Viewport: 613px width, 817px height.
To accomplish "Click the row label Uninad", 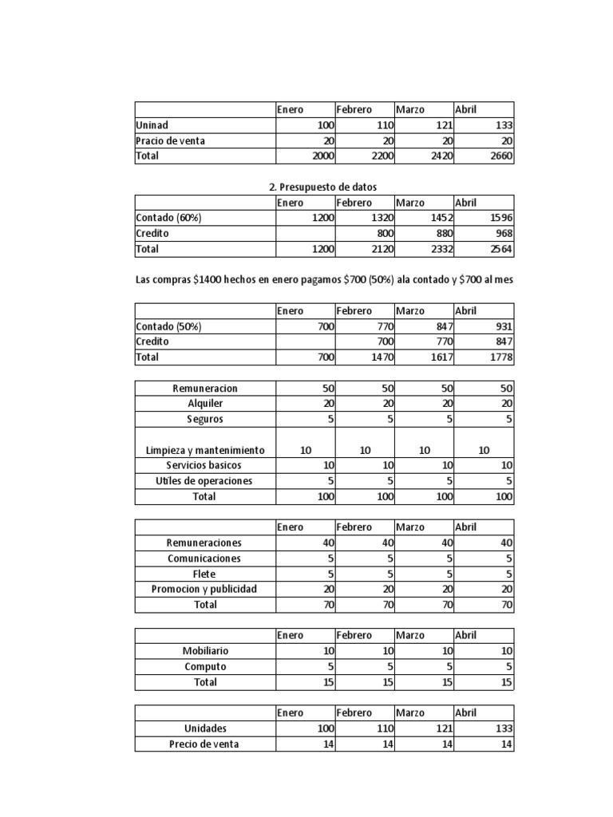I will point(152,125).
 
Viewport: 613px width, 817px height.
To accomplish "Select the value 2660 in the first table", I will point(499,156).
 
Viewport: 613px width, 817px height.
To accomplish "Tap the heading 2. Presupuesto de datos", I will point(322,187).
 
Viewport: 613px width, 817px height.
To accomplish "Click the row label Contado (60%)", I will point(168,218).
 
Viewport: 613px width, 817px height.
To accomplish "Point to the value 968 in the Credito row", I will point(501,234).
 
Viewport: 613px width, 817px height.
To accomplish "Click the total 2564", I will point(499,249).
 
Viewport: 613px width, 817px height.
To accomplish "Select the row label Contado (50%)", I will point(168,326).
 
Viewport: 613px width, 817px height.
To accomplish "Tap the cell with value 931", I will point(501,326).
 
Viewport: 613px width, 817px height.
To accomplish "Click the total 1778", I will point(499,357).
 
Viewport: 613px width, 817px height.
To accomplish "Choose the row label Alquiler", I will point(205,404).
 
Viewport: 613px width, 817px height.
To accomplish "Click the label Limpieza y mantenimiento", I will point(205,450).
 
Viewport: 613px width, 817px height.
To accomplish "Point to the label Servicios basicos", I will point(205,465).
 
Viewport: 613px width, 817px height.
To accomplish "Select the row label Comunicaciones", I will point(205,558).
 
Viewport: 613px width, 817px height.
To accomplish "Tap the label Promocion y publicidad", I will point(205,590).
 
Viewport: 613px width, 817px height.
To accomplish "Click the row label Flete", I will point(205,574).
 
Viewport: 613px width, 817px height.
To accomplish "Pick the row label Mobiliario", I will point(205,651).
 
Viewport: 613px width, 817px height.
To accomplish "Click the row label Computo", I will point(205,666).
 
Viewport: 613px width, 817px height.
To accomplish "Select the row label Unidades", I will point(205,728).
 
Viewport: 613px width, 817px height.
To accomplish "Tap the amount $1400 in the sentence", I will point(208,280).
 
